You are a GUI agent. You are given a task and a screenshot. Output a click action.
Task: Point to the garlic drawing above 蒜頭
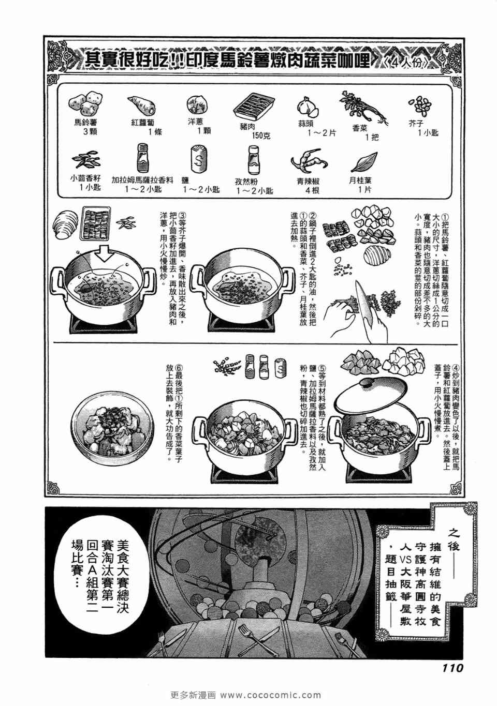307,107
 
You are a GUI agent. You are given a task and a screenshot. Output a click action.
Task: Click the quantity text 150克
261,136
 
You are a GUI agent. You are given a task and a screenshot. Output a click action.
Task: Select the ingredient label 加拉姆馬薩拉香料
143,181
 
